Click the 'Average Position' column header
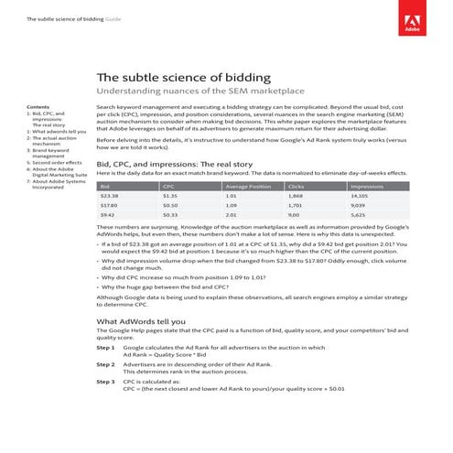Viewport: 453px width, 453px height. click(x=247, y=186)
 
